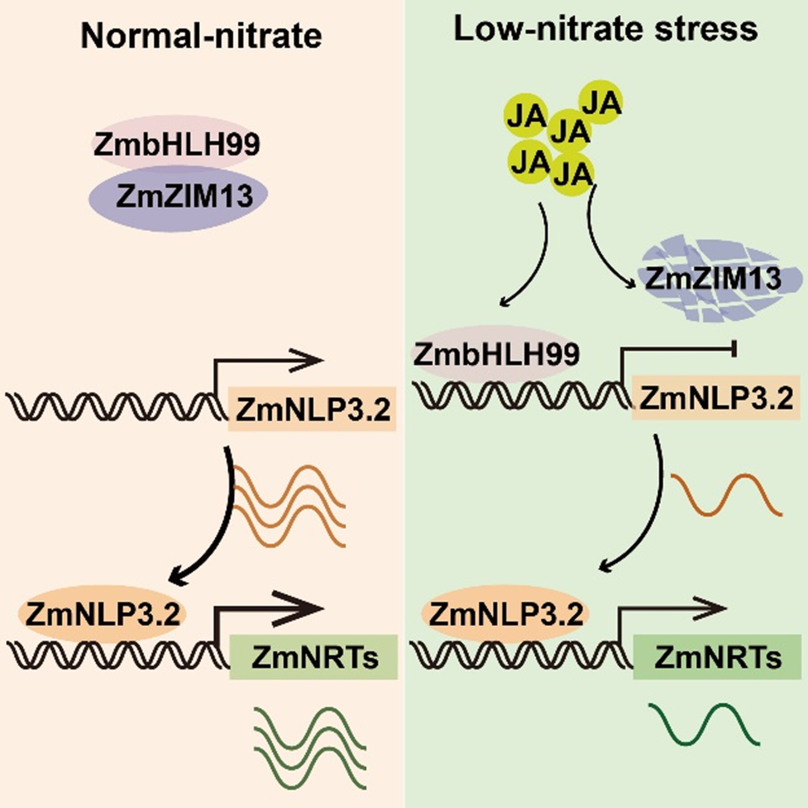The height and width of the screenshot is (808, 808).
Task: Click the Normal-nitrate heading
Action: point(201,35)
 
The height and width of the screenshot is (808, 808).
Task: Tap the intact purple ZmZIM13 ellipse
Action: point(179,197)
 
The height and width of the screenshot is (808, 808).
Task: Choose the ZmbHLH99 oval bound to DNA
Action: point(496,354)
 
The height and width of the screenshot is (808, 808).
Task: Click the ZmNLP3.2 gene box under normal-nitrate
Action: point(312,408)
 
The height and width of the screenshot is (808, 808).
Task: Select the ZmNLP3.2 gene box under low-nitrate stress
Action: point(716,398)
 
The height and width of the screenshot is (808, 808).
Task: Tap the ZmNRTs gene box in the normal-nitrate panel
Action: point(313,657)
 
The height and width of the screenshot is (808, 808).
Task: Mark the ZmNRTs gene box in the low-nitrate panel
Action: point(717,657)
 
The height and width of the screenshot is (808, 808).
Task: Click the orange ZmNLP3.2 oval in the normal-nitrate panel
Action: point(102,614)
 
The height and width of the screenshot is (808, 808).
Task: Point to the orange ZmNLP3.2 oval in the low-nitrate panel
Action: point(505,614)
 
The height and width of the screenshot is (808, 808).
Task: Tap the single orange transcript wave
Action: point(727,495)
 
